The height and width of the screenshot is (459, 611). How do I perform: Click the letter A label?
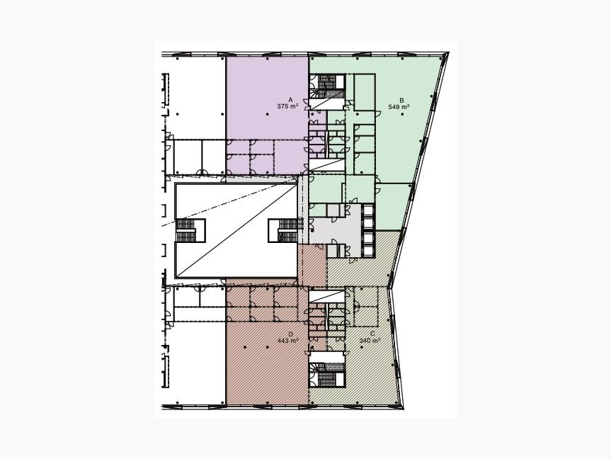click(290, 100)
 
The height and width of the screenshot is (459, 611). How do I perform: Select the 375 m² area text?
click(287, 106)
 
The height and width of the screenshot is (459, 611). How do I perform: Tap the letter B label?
click(401, 100)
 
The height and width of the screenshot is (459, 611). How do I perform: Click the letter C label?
click(372, 334)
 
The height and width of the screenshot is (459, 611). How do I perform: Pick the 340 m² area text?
click(370, 341)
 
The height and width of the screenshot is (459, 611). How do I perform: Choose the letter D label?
click(291, 334)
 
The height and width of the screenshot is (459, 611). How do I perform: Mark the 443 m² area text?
click(288, 341)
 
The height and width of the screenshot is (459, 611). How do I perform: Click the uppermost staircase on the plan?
click(327, 86)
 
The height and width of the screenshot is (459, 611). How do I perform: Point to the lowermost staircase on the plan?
click(327, 375)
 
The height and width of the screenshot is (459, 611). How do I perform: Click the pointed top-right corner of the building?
click(448, 52)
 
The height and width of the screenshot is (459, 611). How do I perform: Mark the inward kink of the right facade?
click(390, 288)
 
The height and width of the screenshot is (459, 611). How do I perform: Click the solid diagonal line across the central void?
click(237, 230)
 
